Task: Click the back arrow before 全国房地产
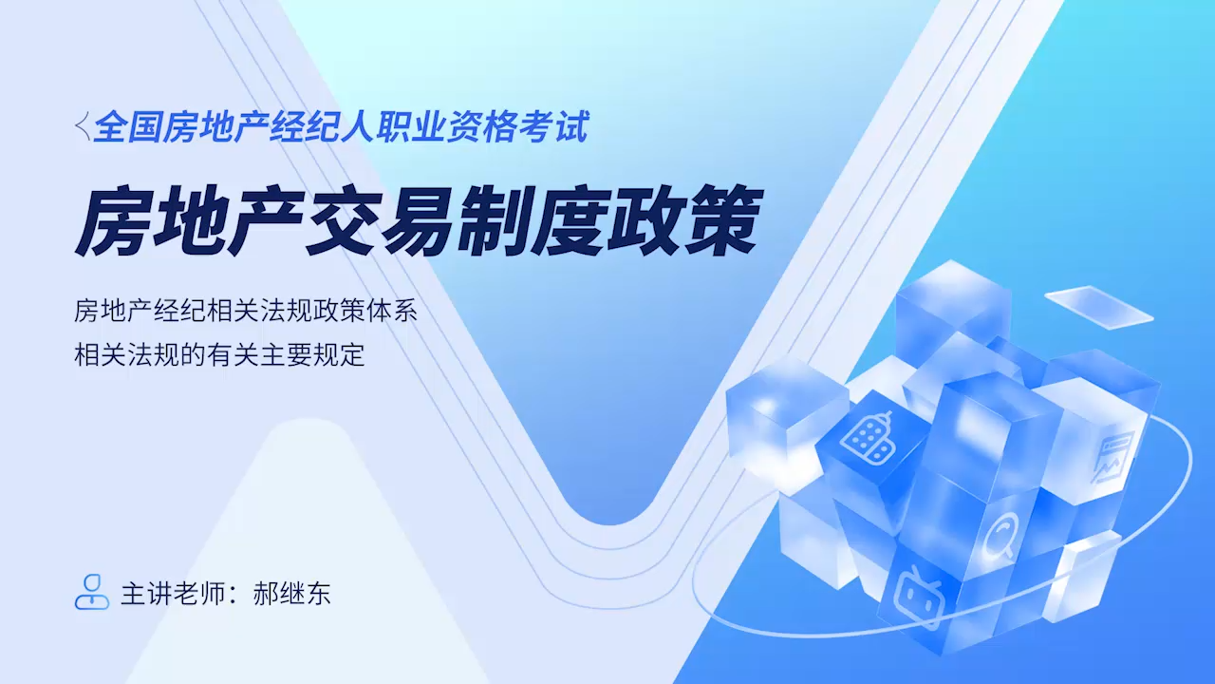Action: coord(83,126)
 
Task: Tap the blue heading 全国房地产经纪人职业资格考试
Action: coord(341,127)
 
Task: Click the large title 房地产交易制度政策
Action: coord(419,220)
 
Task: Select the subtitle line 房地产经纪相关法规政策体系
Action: coord(246,312)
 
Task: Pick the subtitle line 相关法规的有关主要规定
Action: coord(219,355)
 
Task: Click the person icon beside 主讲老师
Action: coord(92,592)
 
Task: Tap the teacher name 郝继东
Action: coord(291,594)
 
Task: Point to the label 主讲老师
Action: coord(173,594)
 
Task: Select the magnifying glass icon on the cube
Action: coord(1000,536)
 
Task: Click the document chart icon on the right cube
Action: coord(1112,456)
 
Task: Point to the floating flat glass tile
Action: coord(1099,307)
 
